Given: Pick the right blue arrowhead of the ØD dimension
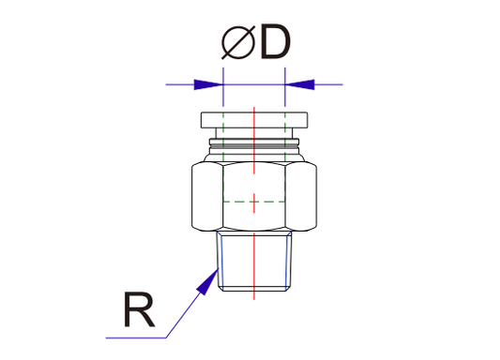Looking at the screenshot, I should coord(299,84).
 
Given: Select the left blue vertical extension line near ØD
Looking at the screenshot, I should coord(223,89).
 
